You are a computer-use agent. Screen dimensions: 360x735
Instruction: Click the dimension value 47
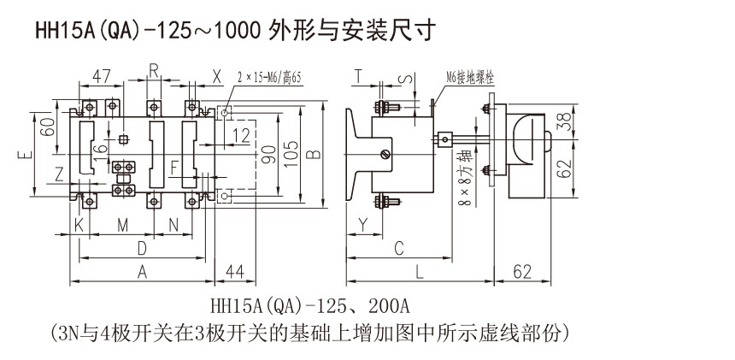point(103,74)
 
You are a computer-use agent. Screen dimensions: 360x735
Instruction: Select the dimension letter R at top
point(154,70)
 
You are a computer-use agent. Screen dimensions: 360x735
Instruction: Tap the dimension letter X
point(216,74)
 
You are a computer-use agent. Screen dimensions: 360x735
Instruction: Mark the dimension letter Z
point(58,174)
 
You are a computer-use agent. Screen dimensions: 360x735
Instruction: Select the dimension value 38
point(561,122)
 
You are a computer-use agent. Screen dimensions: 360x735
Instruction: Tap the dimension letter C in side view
point(397,248)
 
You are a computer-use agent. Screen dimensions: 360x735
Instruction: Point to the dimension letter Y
point(362,225)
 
